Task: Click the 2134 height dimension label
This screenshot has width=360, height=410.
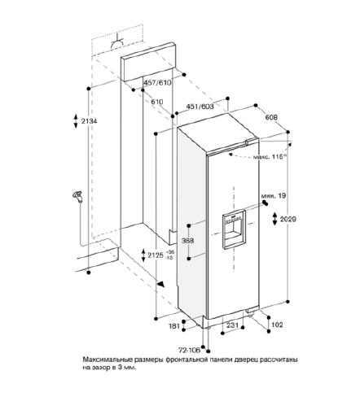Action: tap(89, 121)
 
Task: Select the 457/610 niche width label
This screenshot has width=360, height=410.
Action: tap(157, 82)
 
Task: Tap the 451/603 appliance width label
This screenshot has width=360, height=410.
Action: tap(200, 107)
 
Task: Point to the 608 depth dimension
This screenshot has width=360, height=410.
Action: tap(271, 117)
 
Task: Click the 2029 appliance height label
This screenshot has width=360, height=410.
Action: tap(288, 219)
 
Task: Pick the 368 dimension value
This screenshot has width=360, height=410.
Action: tap(187, 241)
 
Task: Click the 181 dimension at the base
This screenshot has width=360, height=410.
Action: tap(174, 326)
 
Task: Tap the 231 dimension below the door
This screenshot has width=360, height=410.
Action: tap(232, 325)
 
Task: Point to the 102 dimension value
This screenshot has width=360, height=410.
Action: tap(277, 325)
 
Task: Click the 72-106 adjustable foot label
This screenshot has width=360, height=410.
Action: tap(189, 350)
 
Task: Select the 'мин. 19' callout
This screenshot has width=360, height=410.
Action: tap(274, 195)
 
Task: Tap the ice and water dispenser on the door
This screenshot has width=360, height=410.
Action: tap(234, 229)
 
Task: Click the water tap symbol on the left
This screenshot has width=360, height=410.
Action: tap(77, 196)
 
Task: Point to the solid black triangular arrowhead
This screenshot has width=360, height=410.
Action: tap(160, 284)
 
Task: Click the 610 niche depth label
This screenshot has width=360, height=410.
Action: tap(157, 102)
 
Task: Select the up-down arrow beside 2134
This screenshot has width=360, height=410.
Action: tap(76, 121)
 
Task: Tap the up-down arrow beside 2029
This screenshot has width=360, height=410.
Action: tap(274, 219)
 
